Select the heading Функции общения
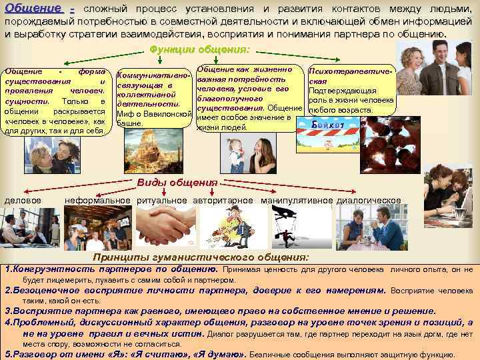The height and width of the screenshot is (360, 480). click(x=200, y=49)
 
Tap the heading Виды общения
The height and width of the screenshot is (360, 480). click(x=177, y=183)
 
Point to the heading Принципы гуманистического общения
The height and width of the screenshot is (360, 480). click(x=201, y=257)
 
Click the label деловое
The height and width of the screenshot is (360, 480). click(x=23, y=200)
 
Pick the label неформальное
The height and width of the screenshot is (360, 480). click(x=97, y=200)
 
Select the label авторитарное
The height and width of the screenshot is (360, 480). click(x=223, y=200)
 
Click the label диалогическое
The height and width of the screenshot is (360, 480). click(x=369, y=200)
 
